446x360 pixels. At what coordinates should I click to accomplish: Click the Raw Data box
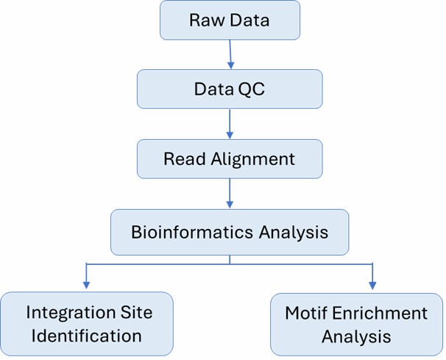coord(229,20)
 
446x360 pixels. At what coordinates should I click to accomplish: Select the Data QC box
coord(229,89)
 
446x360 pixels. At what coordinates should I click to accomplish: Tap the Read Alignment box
coord(229,158)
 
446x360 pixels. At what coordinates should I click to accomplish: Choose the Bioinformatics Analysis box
coord(229,232)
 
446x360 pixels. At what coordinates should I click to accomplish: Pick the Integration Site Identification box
coord(87,324)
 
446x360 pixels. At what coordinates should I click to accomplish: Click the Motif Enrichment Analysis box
coord(356,324)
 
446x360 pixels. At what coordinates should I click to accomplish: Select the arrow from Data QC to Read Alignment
coord(230,124)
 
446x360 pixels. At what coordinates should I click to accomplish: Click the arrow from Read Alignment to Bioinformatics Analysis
coord(230,193)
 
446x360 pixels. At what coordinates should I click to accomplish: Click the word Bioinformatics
coord(185,232)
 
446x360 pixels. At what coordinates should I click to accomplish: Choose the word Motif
coord(305,313)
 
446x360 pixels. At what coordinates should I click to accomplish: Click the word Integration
coord(90,312)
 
